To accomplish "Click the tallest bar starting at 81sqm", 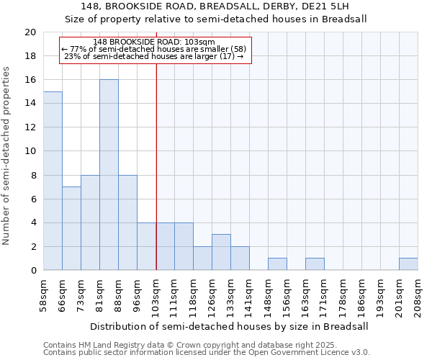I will (109, 175).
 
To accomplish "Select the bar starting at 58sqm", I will (53, 181).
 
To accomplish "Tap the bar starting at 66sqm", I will (71, 228).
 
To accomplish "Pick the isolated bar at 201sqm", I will (408, 264).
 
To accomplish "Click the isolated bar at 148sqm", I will (277, 264).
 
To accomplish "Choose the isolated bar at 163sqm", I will (315, 264).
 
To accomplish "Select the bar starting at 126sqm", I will (221, 252).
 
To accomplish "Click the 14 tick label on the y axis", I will (30, 104).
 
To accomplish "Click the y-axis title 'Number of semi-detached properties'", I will (7, 156).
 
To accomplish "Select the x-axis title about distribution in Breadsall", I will (230, 326).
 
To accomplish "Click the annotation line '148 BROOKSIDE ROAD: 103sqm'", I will (154, 42).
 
